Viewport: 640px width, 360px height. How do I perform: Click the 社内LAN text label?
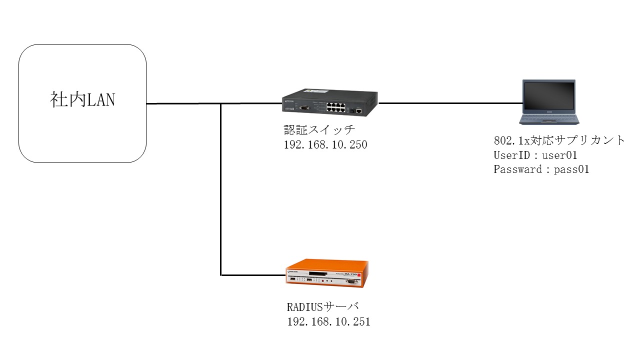[82, 99]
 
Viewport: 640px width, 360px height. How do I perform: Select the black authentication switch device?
[330, 102]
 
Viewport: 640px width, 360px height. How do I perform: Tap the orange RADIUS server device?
[327, 273]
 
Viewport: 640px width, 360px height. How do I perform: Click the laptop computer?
[549, 102]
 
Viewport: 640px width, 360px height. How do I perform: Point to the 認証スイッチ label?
[319, 130]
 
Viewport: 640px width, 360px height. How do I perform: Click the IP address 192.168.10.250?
[325, 145]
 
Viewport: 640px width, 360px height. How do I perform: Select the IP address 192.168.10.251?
[328, 322]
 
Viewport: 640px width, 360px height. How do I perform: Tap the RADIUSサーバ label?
[323, 307]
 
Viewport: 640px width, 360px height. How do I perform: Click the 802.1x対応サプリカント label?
[559, 140]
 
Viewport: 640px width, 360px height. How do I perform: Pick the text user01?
[559, 155]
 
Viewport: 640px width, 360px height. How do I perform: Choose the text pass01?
[571, 169]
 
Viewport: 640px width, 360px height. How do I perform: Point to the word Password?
[518, 169]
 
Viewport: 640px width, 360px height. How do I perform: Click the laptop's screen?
[549, 95]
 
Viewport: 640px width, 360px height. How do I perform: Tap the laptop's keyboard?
[549, 118]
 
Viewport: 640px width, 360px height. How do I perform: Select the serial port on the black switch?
[304, 107]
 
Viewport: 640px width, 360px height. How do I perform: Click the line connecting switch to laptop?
[450, 103]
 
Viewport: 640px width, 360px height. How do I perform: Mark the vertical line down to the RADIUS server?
[221, 189]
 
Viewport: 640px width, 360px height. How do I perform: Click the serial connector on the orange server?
[351, 281]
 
